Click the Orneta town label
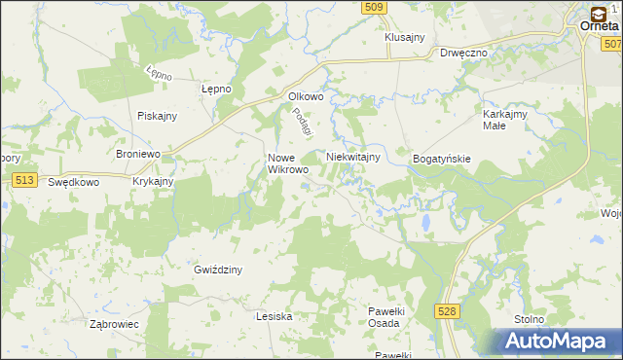point(601,27)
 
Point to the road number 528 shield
point(447,310)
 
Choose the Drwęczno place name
point(462,54)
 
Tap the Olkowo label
point(305,96)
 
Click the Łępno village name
point(215,89)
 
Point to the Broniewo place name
point(137,155)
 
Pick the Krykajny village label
point(153,182)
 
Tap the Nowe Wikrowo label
point(288,162)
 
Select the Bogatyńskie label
point(442,158)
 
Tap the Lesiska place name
point(275,316)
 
